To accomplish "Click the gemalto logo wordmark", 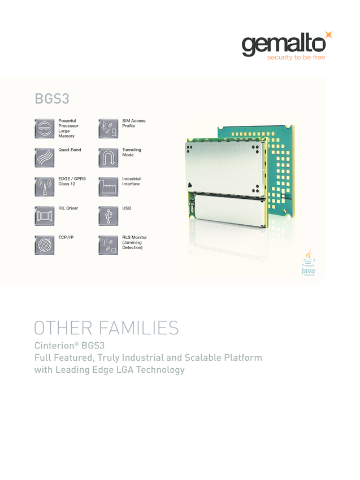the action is [283, 45].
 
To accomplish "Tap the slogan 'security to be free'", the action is [296, 58].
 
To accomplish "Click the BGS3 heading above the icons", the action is [52, 98].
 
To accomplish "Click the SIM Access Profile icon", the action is [108, 128].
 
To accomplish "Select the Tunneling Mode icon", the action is [108, 156].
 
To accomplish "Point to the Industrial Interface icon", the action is [108, 186].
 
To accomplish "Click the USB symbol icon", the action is [108, 215].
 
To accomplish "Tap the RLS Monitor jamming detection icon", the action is [108, 245].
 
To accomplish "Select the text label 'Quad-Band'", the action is [70, 150].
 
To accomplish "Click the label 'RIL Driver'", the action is [68, 208].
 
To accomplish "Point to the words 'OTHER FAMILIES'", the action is [106, 328].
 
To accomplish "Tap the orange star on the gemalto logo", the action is [329, 35].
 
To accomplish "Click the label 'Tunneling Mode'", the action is [132, 152].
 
